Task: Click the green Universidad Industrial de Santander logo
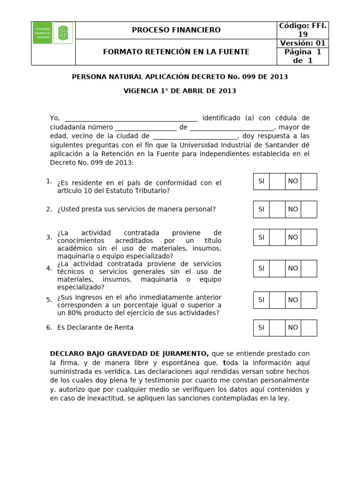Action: pyautogui.click(x=53, y=33)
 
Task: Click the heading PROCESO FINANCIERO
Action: pyautogui.click(x=176, y=30)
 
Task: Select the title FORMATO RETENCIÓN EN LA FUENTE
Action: pyautogui.click(x=176, y=52)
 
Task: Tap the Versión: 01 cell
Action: pyautogui.click(x=302, y=43)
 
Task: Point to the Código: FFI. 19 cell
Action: pyautogui.click(x=302, y=30)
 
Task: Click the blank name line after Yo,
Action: pyautogui.click(x=131, y=118)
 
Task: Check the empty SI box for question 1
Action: pyautogui.click(x=277, y=181)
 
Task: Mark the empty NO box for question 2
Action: pyautogui.click(x=308, y=209)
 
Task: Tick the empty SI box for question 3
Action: pyautogui.click(x=277, y=237)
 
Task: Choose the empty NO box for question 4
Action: pyautogui.click(x=308, y=269)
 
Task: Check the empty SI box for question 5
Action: pyautogui.click(x=277, y=300)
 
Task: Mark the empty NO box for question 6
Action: pyautogui.click(x=308, y=328)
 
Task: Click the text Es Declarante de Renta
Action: pyautogui.click(x=95, y=328)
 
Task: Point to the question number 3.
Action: pyautogui.click(x=49, y=237)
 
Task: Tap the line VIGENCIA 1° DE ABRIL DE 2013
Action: pyautogui.click(x=180, y=91)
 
